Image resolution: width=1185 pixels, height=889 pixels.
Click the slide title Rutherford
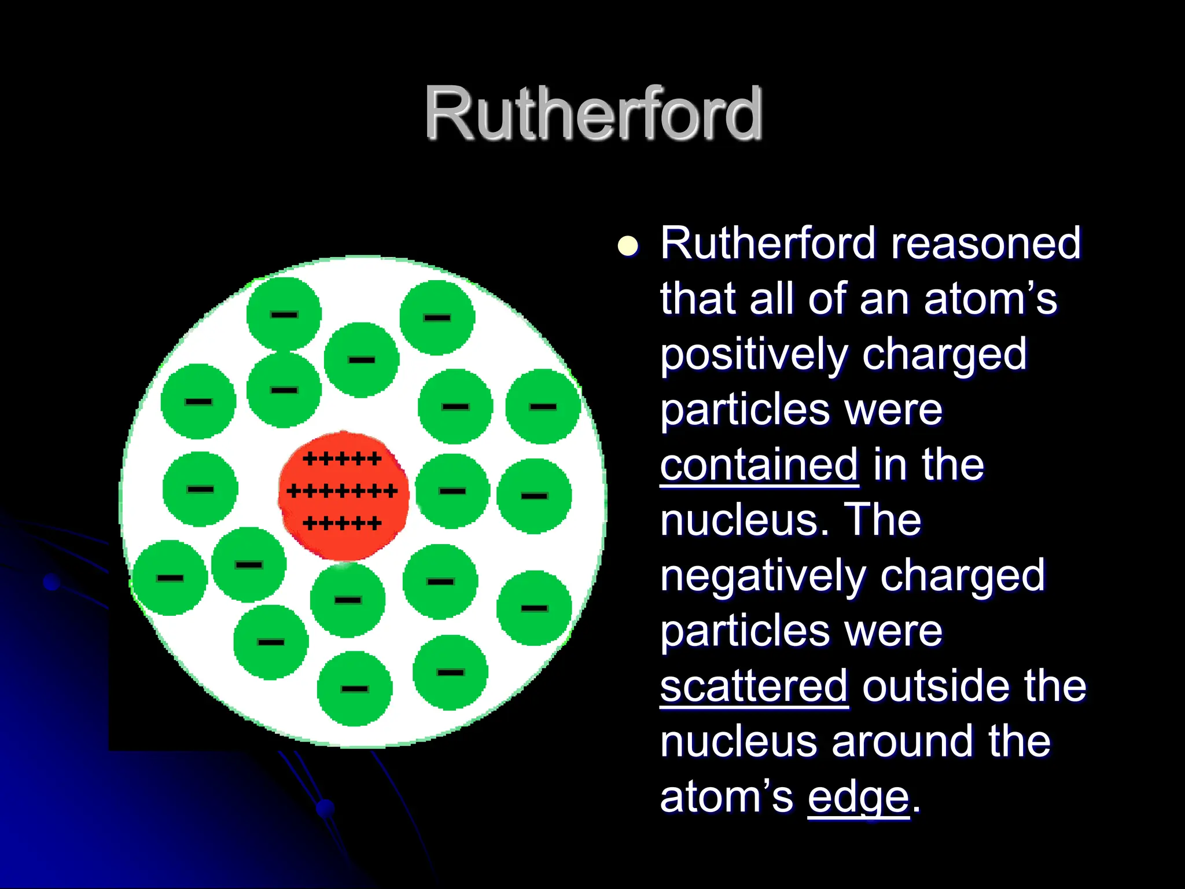(x=593, y=113)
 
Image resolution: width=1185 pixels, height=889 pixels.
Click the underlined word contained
(x=759, y=465)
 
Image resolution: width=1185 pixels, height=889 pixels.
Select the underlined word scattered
(x=754, y=686)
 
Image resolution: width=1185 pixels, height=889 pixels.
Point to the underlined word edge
(x=859, y=798)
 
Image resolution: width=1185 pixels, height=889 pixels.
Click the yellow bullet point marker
(x=628, y=245)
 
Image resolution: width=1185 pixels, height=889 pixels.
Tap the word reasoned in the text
(x=986, y=243)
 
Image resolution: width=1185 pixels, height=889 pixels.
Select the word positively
(x=753, y=354)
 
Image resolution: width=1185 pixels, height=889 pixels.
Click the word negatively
(x=763, y=576)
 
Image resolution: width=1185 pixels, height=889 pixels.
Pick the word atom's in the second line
(x=990, y=299)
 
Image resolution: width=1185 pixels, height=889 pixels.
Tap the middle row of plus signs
(x=342, y=491)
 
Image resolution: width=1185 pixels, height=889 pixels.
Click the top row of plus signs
(x=342, y=459)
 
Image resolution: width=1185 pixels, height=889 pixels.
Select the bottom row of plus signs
(x=342, y=524)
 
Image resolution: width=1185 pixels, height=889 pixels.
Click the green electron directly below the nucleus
(x=348, y=600)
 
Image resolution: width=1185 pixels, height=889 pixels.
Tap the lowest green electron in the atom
(x=355, y=688)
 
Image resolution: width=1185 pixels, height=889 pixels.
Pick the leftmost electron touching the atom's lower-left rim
(x=170, y=577)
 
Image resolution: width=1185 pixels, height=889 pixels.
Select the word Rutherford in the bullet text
(x=768, y=243)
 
